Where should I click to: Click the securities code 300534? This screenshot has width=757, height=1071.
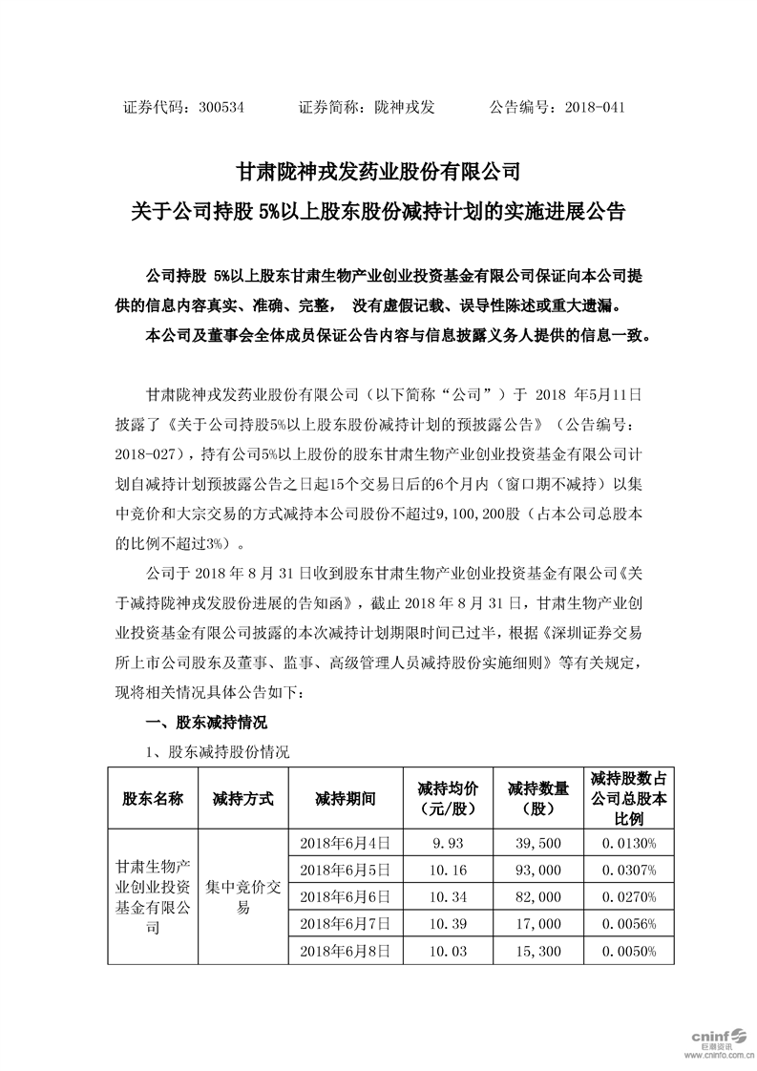click(222, 108)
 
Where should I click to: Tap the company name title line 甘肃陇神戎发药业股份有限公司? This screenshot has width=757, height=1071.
click(378, 173)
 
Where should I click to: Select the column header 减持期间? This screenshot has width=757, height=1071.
click(345, 798)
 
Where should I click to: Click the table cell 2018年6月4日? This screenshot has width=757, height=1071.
click(345, 843)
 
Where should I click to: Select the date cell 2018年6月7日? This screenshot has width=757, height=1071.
click(345, 925)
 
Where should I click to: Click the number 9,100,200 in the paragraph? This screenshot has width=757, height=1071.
click(477, 514)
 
